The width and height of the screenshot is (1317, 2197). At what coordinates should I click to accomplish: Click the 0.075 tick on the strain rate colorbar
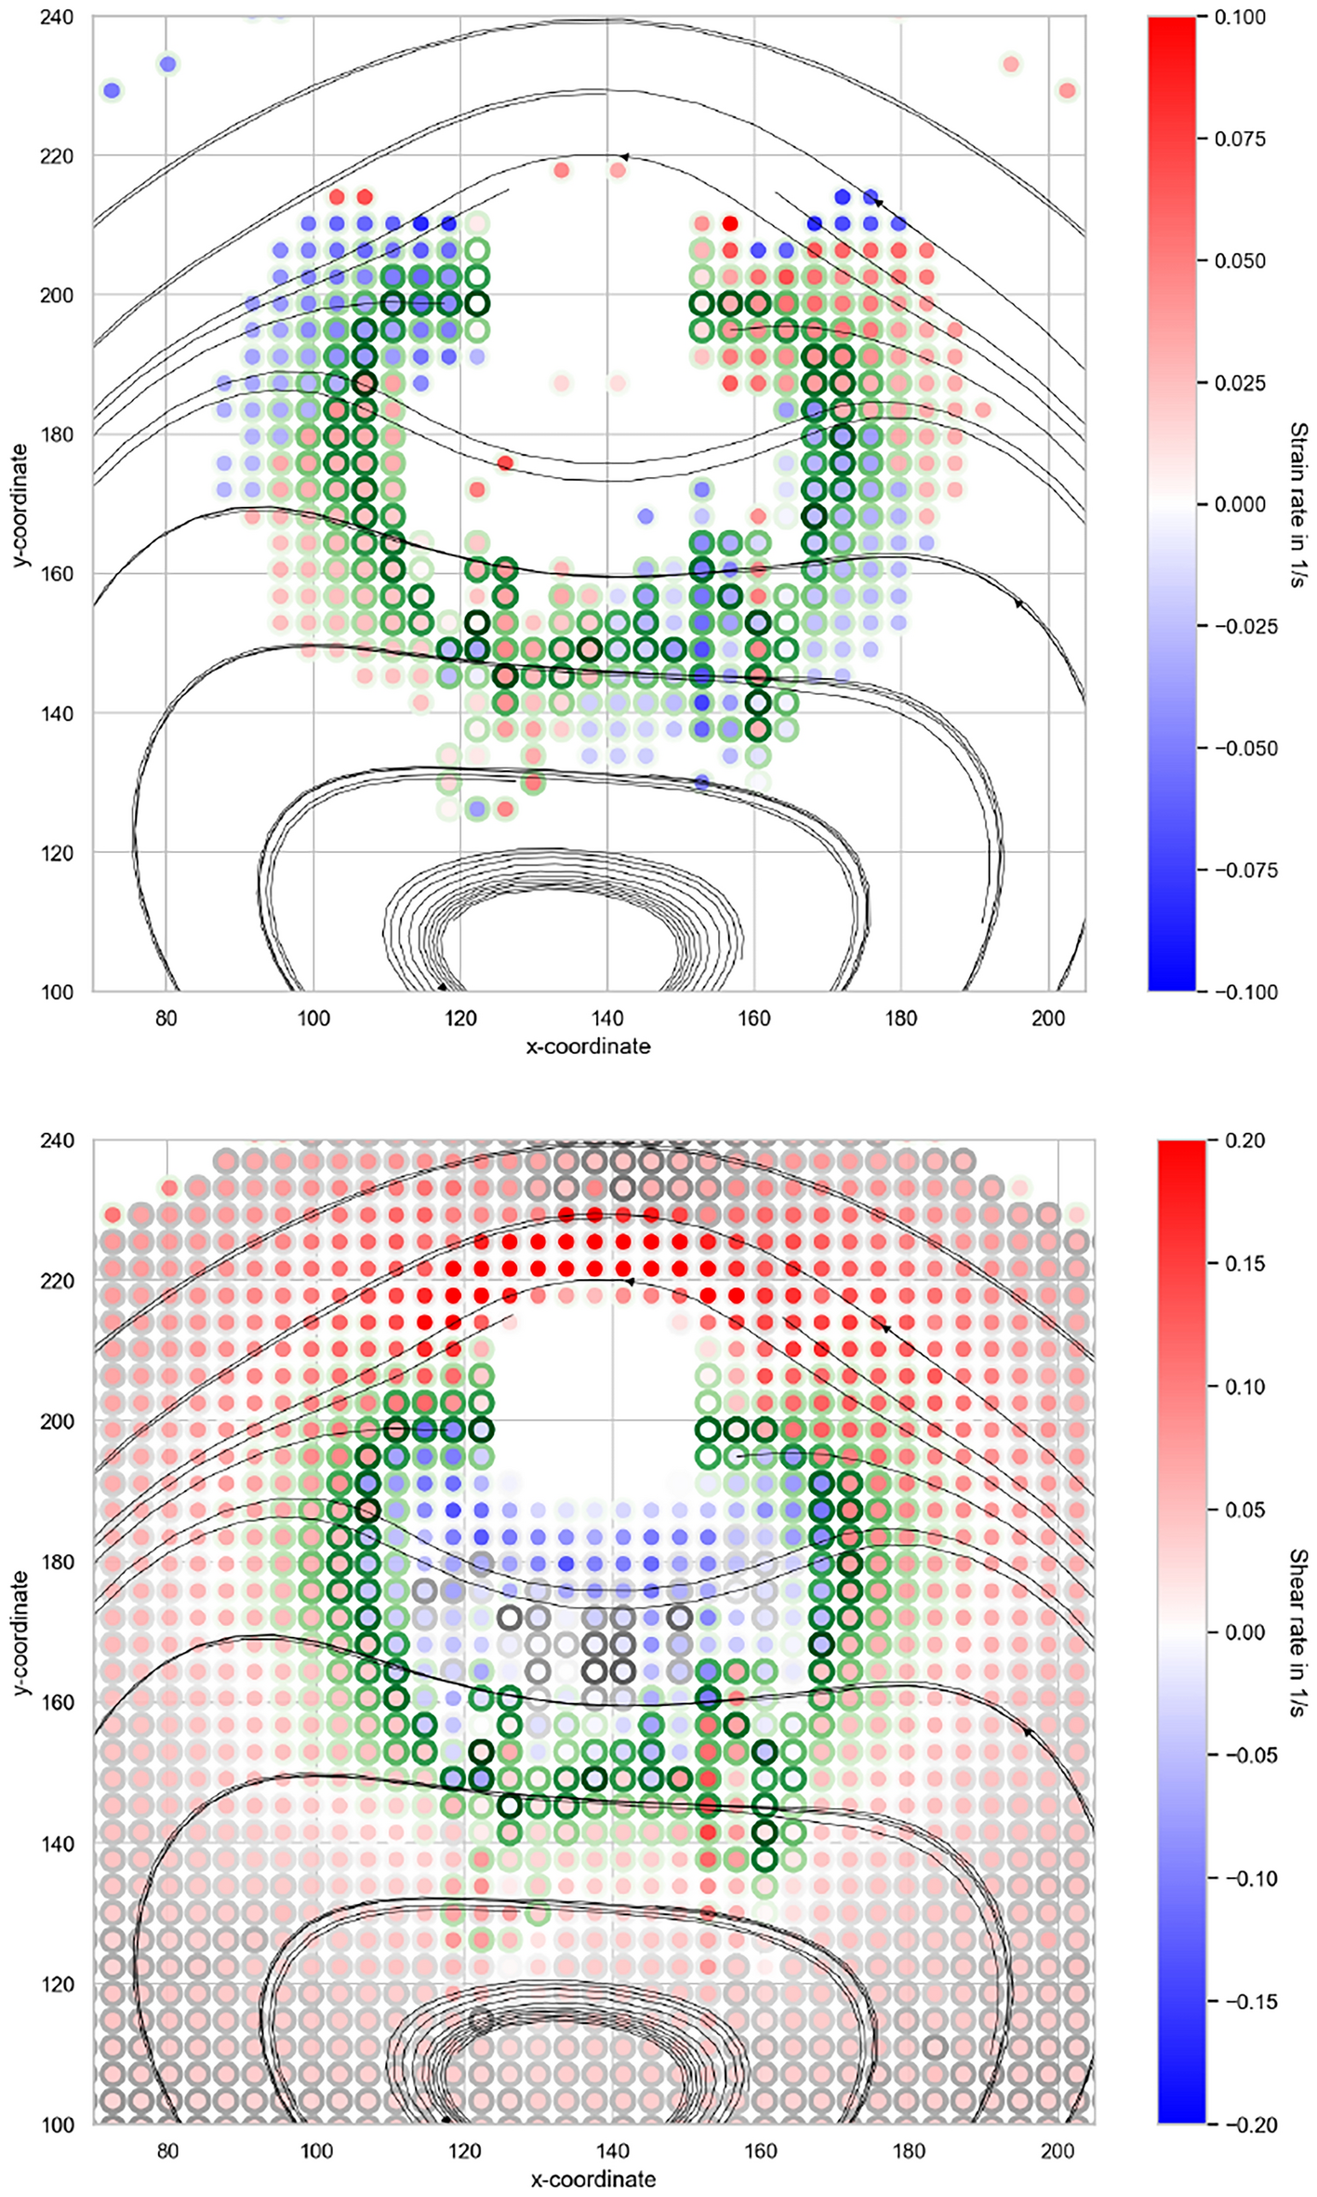pyautogui.click(x=1240, y=140)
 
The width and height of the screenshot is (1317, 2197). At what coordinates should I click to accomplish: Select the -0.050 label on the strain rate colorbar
pyautogui.click(x=1240, y=749)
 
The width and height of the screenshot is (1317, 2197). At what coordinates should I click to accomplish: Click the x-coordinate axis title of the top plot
pyautogui.click(x=588, y=1046)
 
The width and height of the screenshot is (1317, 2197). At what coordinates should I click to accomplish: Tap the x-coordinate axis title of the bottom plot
pyautogui.click(x=592, y=2179)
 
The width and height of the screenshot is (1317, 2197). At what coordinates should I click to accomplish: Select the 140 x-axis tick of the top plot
pyautogui.click(x=607, y=1017)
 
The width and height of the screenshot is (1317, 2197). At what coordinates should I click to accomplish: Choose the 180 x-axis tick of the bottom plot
pyautogui.click(x=909, y=2150)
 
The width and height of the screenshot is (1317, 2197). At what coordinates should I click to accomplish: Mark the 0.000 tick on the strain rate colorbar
pyautogui.click(x=1240, y=504)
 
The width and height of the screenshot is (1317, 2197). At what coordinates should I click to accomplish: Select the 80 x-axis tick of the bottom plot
pyautogui.click(x=167, y=2150)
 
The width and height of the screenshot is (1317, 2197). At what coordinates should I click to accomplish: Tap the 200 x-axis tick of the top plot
pyautogui.click(x=1048, y=1017)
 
